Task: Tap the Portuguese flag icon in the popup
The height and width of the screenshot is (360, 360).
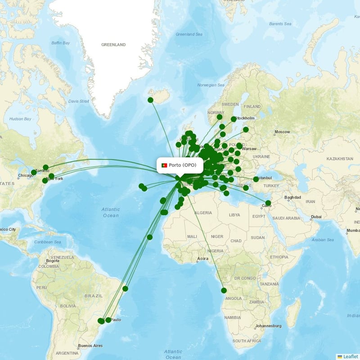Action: click(x=164, y=166)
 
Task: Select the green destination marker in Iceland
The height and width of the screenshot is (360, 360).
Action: click(x=150, y=100)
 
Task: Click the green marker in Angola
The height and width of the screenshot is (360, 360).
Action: click(x=224, y=290)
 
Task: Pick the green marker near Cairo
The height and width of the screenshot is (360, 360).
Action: click(x=268, y=203)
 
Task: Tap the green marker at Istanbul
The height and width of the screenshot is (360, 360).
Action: click(x=256, y=179)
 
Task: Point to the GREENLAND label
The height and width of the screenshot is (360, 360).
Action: click(x=113, y=45)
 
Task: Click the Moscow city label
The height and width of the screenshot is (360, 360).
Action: click(x=282, y=132)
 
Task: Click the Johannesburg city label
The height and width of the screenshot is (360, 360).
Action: click(x=268, y=326)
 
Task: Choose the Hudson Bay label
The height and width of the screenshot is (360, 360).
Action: click(x=20, y=119)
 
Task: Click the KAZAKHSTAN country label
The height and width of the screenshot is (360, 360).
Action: click(x=340, y=159)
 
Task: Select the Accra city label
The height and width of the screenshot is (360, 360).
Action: click(x=202, y=259)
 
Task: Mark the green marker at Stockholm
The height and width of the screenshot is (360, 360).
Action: click(x=234, y=119)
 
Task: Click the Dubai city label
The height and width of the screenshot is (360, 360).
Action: click(x=316, y=217)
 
